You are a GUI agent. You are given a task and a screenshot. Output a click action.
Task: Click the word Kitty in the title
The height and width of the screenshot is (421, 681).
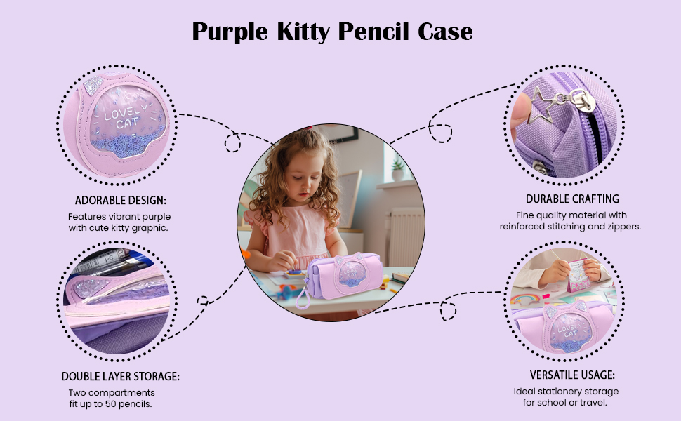pos(303,32)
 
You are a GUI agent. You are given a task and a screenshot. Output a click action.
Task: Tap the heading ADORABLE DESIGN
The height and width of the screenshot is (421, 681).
pos(120,200)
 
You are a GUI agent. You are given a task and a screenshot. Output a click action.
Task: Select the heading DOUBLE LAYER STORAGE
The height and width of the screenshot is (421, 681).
pos(120,376)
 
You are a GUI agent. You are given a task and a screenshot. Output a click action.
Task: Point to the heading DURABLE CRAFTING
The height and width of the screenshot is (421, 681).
pos(572,199)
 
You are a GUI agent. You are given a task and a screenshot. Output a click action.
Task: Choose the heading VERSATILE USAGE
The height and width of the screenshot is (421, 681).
pos(572,375)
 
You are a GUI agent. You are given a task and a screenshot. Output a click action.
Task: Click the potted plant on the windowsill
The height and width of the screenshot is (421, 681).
pos(398,170)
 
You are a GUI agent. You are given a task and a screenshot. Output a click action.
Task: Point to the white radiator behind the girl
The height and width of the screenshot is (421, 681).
pos(406,236)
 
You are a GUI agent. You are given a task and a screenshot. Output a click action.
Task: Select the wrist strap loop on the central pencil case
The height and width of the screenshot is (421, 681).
pos(303,298)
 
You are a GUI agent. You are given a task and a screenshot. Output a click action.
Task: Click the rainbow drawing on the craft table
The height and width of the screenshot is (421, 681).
pos(525,299)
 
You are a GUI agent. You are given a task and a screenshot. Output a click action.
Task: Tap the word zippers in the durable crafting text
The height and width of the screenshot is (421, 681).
pos(626,227)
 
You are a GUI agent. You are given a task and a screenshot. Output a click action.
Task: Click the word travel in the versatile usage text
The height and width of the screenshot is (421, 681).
pos(595,403)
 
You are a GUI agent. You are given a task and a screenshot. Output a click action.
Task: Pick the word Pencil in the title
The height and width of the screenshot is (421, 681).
pos(373,32)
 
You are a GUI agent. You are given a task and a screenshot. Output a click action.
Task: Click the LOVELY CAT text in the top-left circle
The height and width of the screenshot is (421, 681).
pos(125,117)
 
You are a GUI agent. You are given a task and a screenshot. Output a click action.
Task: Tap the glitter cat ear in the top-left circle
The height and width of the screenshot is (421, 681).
pos(93,85)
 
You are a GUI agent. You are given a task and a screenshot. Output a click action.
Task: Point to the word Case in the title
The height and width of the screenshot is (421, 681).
pos(445,32)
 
